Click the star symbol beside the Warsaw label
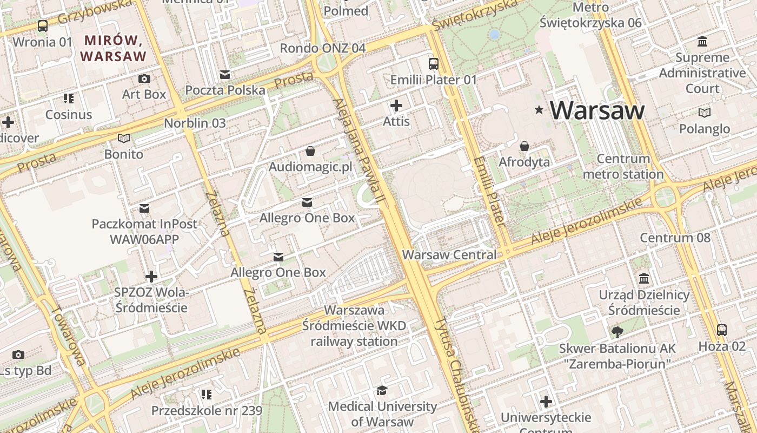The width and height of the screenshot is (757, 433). point(539,110)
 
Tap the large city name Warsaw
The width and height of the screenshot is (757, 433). point(597,110)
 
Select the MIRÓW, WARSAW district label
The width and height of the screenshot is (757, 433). point(113,48)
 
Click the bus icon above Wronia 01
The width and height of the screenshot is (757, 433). point(42,25)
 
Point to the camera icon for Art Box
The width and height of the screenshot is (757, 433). point(144,78)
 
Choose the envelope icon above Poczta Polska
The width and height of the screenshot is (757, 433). point(225,74)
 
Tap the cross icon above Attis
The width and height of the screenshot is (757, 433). point(396,106)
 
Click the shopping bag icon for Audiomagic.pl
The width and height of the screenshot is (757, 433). point(310,150)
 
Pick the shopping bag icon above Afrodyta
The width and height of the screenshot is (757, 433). point(524,146)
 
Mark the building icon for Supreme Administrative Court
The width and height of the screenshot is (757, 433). point(702,41)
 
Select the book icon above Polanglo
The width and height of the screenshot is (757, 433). point(704,113)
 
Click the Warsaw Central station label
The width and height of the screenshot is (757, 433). point(449,254)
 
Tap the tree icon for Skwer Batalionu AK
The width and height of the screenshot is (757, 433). point(617,332)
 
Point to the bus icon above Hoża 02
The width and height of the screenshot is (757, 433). point(721,330)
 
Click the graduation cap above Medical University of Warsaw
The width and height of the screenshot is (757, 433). point(382,390)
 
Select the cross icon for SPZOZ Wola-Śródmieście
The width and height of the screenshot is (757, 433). point(151,277)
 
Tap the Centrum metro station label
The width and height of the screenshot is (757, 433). point(623,167)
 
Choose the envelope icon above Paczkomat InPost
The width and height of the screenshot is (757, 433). point(144,208)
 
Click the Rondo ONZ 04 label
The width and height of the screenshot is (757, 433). point(323,48)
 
